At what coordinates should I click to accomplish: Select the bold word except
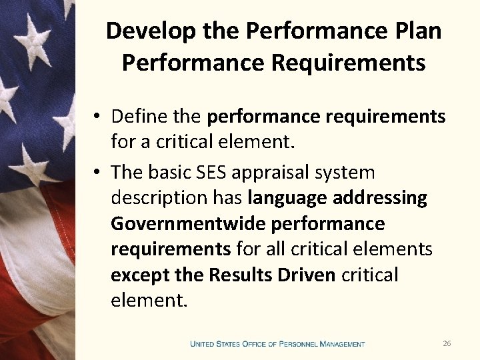135,275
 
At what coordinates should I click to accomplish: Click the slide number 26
447,343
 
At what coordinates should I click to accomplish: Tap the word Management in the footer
342,344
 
